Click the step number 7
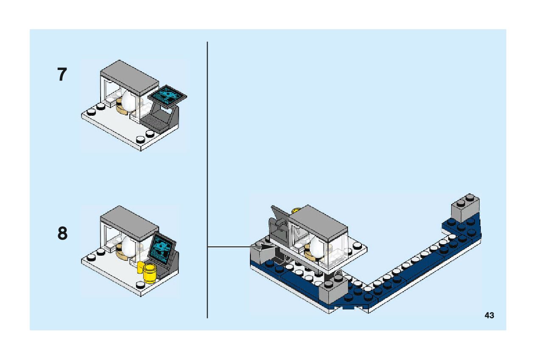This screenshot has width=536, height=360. [x=62, y=75]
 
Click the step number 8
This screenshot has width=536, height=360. [x=62, y=234]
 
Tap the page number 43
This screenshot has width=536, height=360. [x=489, y=315]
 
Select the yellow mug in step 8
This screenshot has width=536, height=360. [x=150, y=272]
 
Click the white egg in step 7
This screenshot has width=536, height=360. [x=128, y=100]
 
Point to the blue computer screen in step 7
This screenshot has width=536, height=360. [x=168, y=94]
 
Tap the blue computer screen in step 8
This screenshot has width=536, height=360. [x=163, y=250]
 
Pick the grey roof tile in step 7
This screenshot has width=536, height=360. [x=129, y=75]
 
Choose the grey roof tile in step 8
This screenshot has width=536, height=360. [x=129, y=221]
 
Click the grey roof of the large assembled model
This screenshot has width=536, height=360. [x=318, y=221]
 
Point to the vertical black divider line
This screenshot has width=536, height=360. [x=207, y=178]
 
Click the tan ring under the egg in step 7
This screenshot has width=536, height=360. [x=123, y=110]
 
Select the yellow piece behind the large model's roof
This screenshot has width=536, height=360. [x=297, y=209]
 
